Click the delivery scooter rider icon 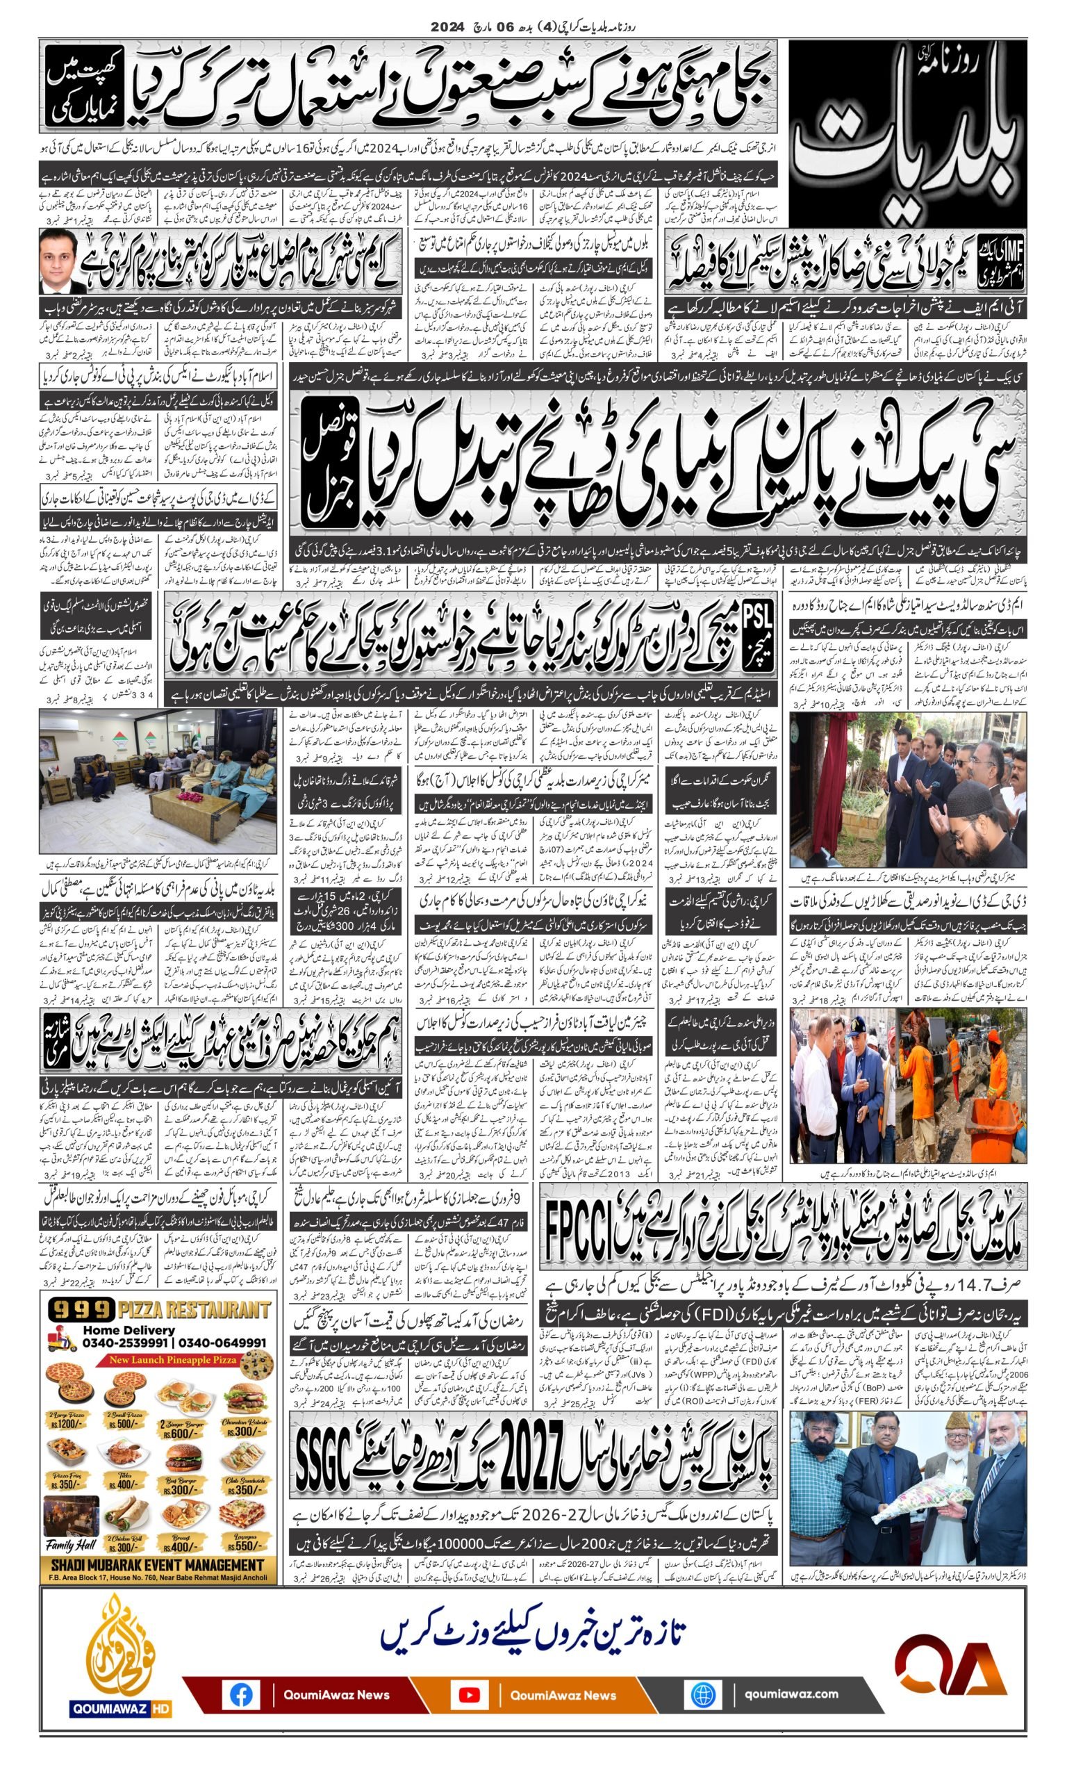coord(62,1340)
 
